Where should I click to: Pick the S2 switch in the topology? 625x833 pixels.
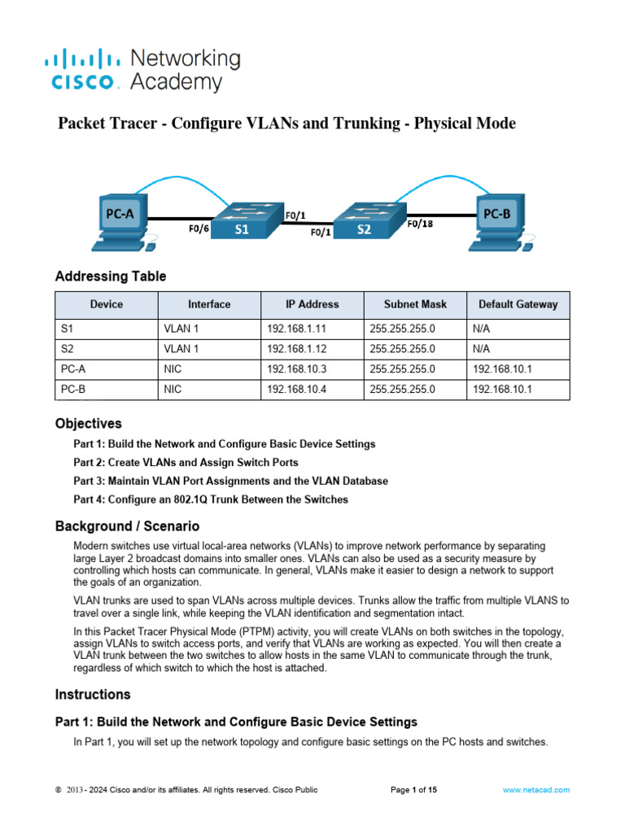click(x=365, y=218)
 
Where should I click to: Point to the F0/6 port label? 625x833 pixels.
click(x=199, y=229)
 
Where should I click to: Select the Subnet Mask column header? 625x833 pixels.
click(x=415, y=304)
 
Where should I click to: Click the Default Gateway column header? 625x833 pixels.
click(x=518, y=304)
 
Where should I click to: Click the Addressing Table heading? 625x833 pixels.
click(x=111, y=277)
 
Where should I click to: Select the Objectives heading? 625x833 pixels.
click(x=89, y=424)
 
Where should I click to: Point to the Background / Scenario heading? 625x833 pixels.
click(x=127, y=526)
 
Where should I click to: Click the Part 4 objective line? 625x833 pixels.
click(x=211, y=499)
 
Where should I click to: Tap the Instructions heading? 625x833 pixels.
click(x=93, y=695)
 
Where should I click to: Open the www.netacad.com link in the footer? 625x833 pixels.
click(x=535, y=790)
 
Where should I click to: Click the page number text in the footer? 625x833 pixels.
click(x=414, y=790)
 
